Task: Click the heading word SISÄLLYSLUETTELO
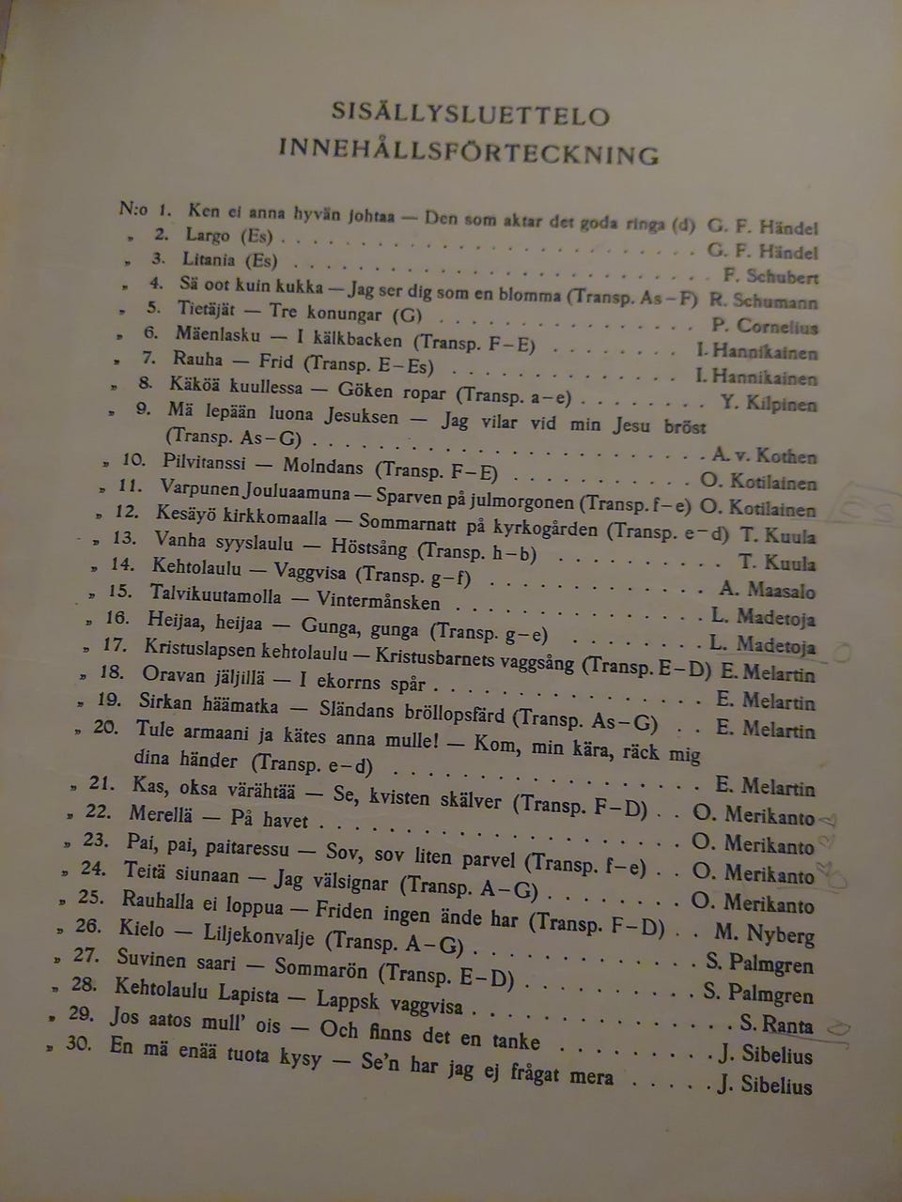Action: tap(471, 114)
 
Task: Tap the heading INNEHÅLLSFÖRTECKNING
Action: tap(468, 151)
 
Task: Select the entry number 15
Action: tap(120, 591)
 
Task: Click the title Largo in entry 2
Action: tap(207, 235)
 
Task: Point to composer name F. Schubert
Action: tap(770, 276)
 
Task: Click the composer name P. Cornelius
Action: tap(765, 327)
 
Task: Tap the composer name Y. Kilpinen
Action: tap(769, 404)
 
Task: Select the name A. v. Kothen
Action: tap(764, 456)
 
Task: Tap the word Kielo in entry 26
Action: tap(142, 929)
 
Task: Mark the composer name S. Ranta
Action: tap(776, 1024)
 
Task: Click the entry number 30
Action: tap(79, 1043)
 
